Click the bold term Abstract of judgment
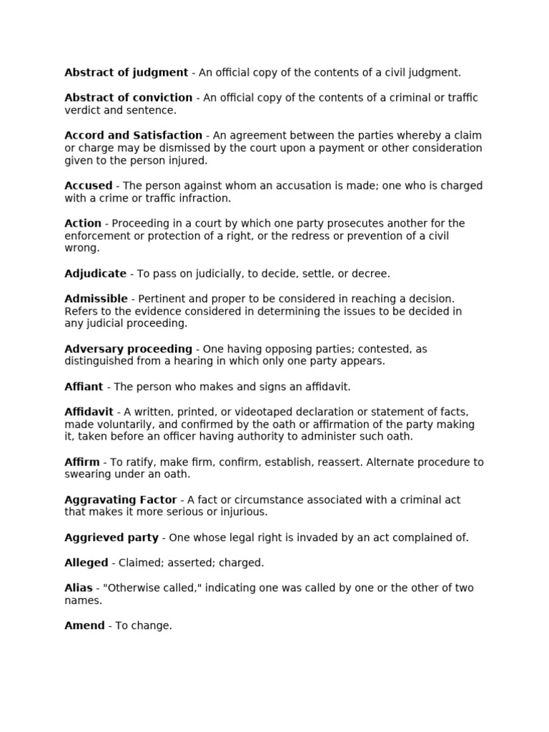pos(126,72)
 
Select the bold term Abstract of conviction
pos(128,97)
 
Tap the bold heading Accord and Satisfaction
pos(133,135)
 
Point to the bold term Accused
pos(88,185)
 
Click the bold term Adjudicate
pos(95,273)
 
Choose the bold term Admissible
pos(96,298)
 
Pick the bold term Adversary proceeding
pos(128,349)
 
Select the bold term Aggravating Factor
pos(122,500)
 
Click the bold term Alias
pos(79,588)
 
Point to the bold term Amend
pos(84,625)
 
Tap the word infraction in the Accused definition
pos(206,198)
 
